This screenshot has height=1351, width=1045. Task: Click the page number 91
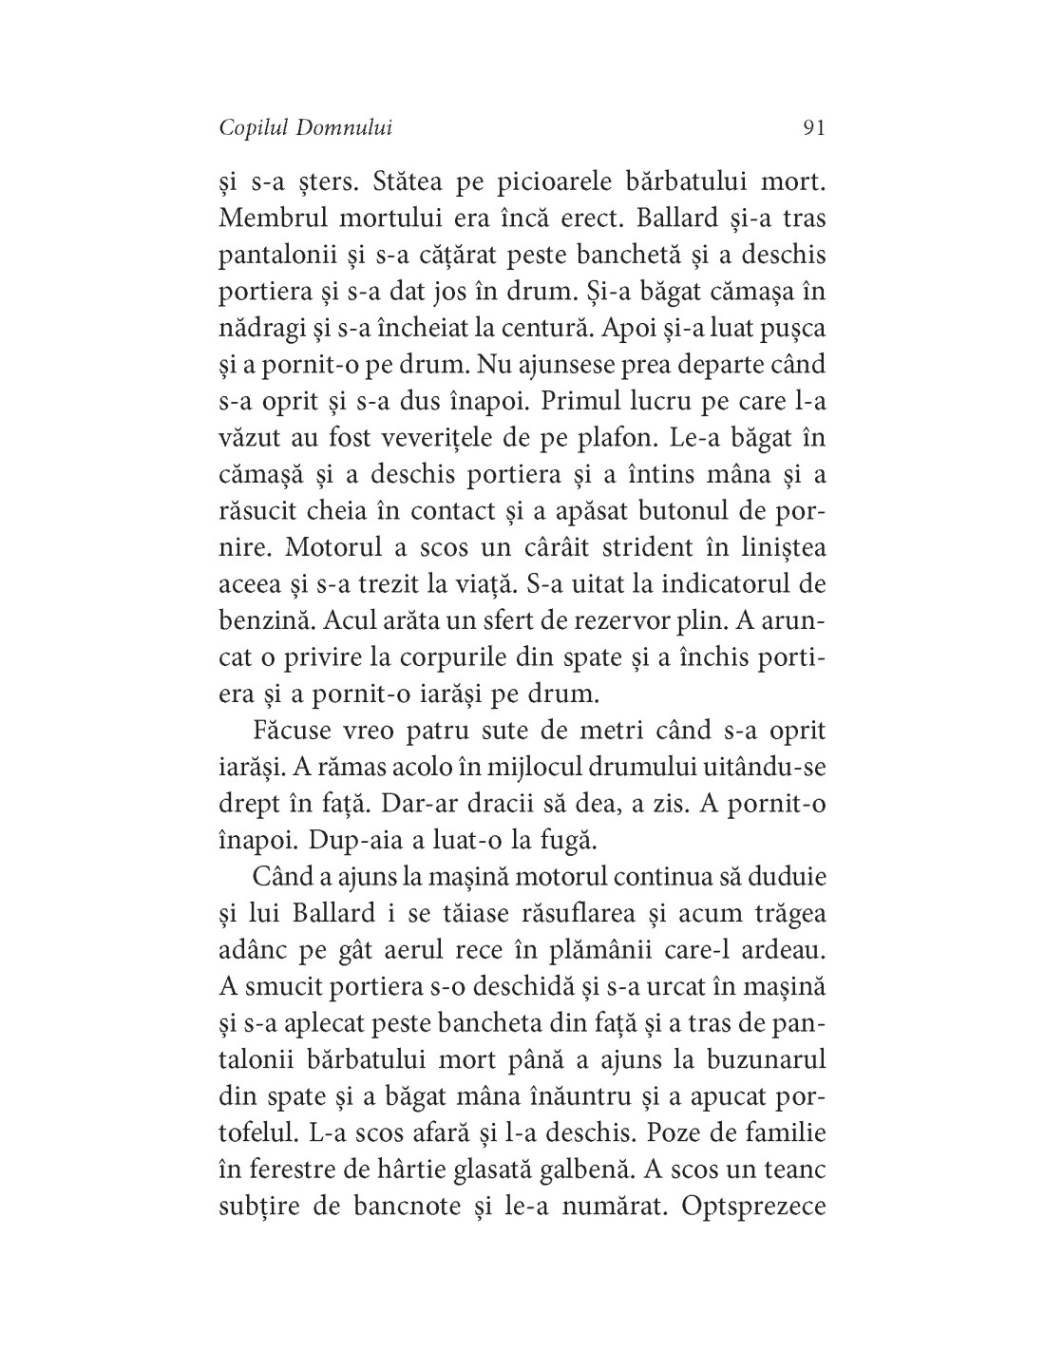[813, 128]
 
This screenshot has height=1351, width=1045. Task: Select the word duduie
[779, 876]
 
